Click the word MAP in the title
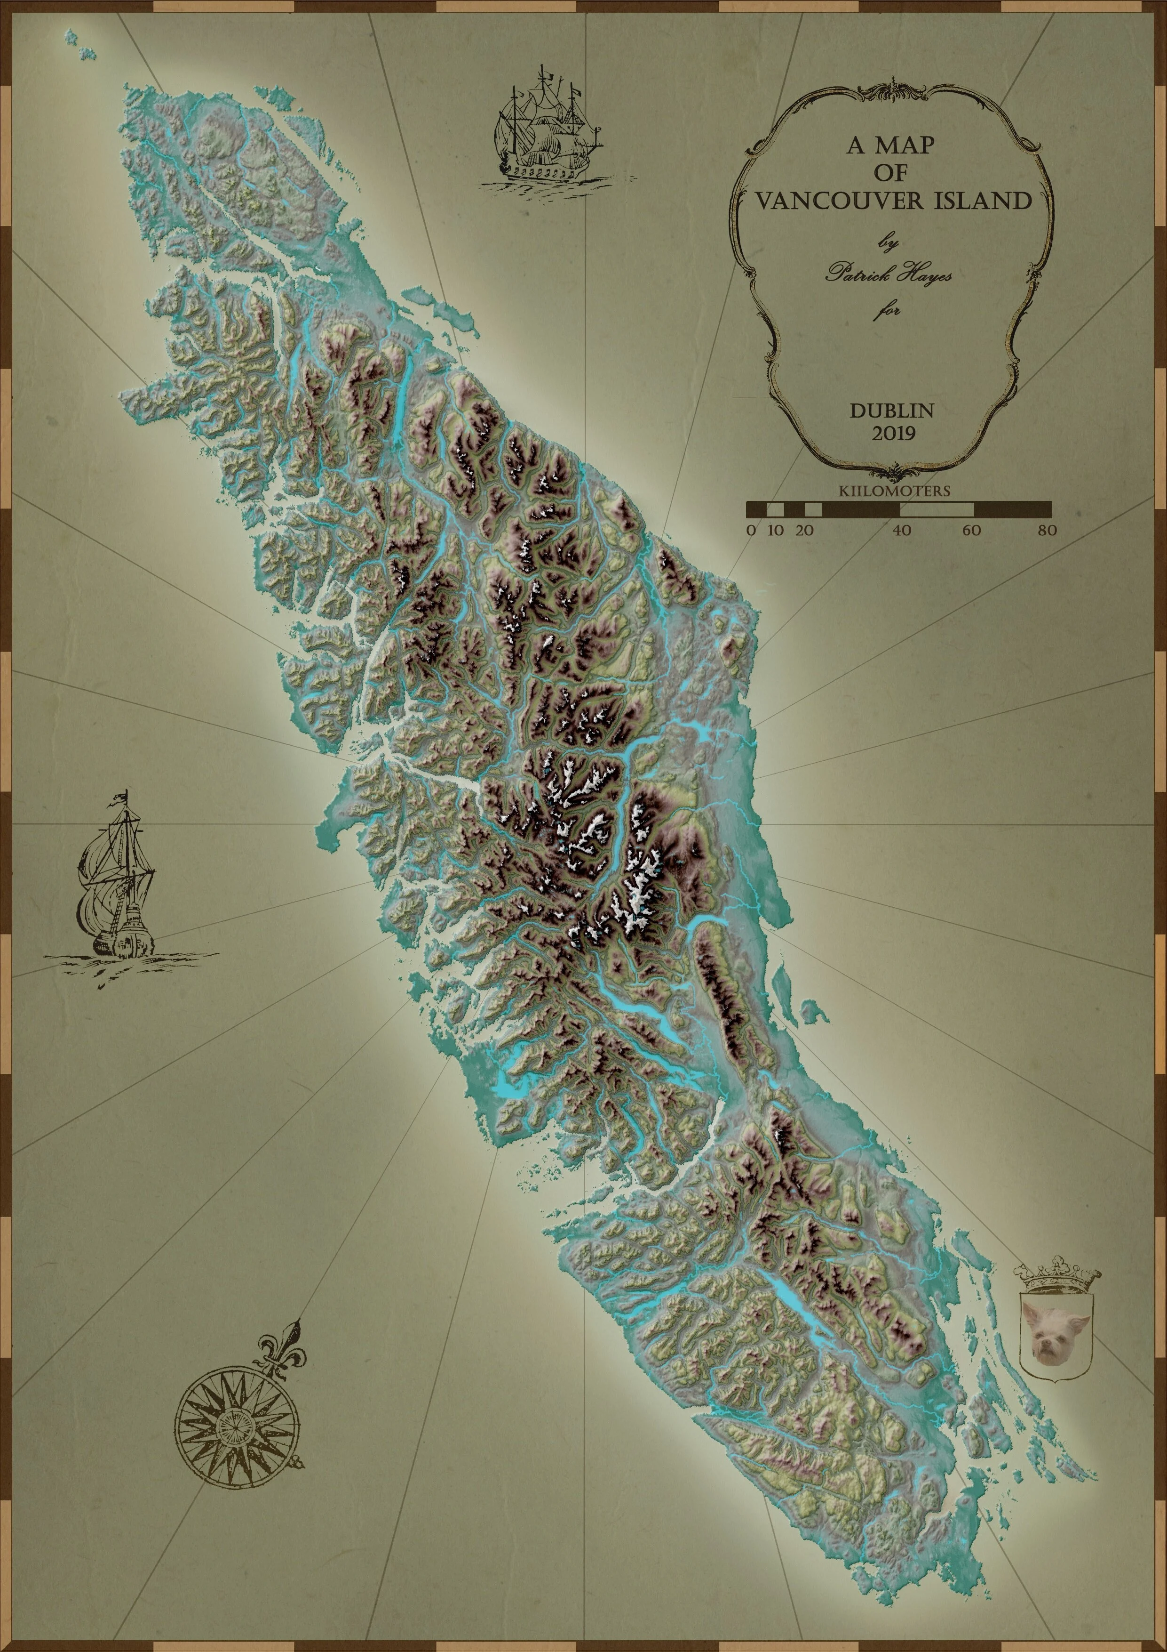pyautogui.click(x=908, y=146)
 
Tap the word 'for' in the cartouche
pyautogui.click(x=887, y=311)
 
